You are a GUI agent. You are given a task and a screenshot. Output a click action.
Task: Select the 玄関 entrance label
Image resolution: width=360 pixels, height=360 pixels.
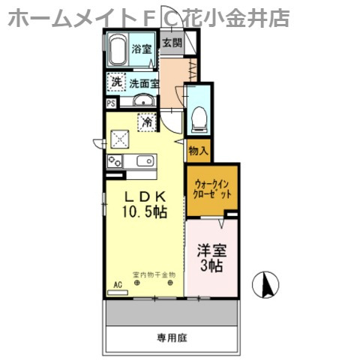(172, 43)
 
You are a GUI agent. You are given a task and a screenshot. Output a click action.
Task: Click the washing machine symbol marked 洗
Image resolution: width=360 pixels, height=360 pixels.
(116, 82)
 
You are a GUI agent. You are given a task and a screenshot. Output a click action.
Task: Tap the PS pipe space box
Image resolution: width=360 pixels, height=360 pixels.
(111, 104)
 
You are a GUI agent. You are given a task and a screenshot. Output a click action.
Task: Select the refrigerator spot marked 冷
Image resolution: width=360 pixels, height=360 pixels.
(148, 120)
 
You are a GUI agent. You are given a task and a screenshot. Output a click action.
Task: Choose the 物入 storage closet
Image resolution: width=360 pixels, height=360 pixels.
(198, 151)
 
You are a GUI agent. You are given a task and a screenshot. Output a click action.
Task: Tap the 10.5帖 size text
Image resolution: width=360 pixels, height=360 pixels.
(145, 212)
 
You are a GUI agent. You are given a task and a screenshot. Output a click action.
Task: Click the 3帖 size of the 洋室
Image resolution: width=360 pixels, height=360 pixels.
(211, 266)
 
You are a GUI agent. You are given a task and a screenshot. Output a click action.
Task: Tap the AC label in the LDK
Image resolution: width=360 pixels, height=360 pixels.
(117, 284)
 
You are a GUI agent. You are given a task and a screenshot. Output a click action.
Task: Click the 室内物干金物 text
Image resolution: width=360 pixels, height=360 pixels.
(154, 274)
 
